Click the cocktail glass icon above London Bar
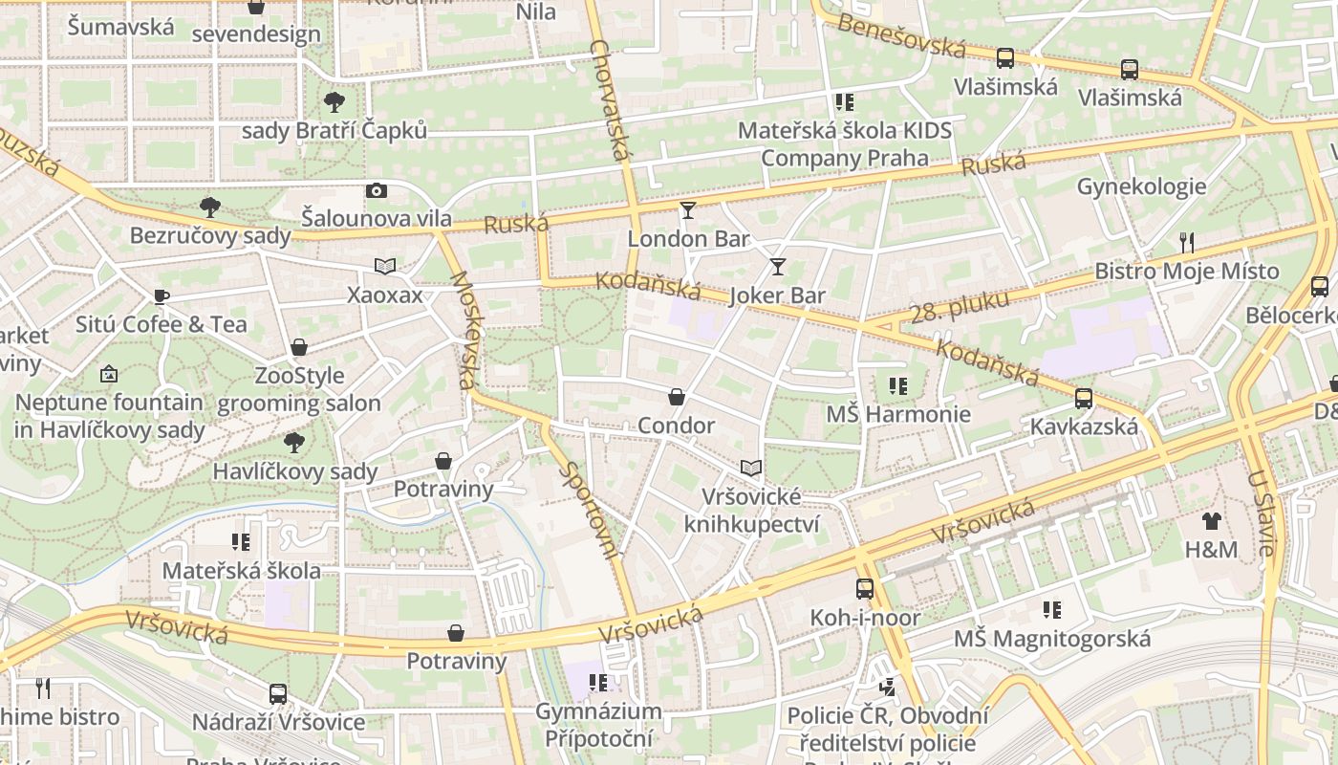point(687,210)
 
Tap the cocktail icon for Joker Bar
point(778,267)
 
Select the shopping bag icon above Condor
point(677,397)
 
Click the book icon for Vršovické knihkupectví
point(752,468)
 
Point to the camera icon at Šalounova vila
point(377,190)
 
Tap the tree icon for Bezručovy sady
point(209,207)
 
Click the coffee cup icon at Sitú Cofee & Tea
point(162,296)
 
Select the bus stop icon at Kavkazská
point(1084,398)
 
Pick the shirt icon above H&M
point(1212,521)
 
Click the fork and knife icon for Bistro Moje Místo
point(1187,242)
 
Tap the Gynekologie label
point(1141,186)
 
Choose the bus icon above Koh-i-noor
point(865,589)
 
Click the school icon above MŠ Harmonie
point(897,386)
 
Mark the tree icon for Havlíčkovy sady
point(294,442)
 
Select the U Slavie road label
point(1261,513)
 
